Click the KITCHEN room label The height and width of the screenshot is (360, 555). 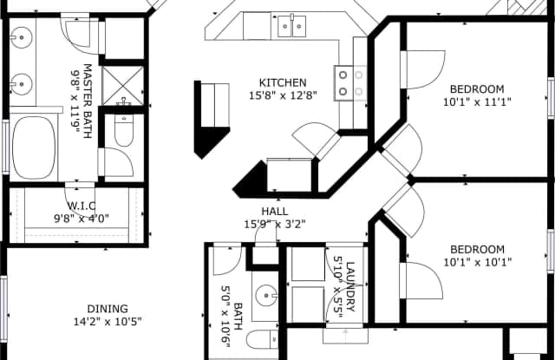tap(283, 82)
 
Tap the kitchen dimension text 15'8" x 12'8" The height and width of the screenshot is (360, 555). tap(283, 95)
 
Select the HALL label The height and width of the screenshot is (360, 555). tap(275, 212)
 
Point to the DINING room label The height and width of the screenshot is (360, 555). tap(108, 309)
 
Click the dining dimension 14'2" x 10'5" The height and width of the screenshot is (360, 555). tap(108, 322)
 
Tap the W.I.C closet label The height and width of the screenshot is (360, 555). tap(82, 206)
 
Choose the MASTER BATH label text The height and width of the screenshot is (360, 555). tap(88, 101)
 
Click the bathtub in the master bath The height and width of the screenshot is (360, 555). tap(34, 147)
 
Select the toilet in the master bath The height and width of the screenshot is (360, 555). tap(124, 130)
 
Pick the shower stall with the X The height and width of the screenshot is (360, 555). tap(123, 86)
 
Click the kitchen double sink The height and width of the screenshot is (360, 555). tap(291, 26)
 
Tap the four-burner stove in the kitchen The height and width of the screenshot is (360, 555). tap(350, 83)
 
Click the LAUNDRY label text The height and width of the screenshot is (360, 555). tap(350, 287)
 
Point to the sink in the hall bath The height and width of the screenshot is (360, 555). tap(266, 295)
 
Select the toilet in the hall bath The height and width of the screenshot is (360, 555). tap(262, 339)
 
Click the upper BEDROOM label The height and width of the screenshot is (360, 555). tap(477, 88)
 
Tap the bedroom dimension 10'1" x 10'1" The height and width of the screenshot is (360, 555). tap(478, 262)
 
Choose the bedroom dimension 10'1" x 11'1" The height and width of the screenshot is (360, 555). tap(478, 102)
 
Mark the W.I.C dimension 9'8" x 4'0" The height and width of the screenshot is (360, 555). tap(82, 219)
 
